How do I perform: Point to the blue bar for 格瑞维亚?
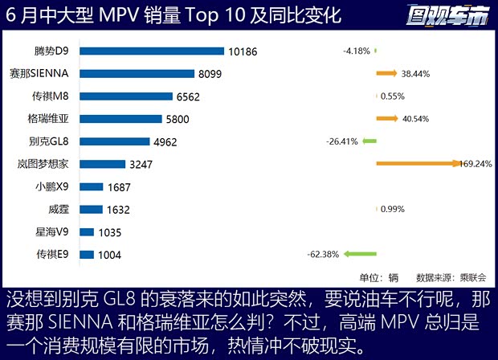[124, 119]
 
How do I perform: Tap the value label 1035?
[108, 232]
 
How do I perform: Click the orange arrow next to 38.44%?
[386, 73]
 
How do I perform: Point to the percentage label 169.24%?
[475, 164]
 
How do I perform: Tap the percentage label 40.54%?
[415, 119]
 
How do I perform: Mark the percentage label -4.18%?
[356, 51]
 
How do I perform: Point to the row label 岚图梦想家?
[46, 164]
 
